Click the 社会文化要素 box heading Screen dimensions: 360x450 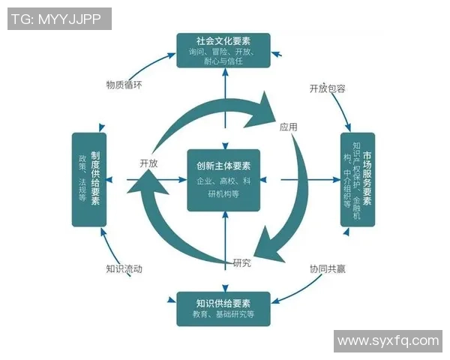[224, 40]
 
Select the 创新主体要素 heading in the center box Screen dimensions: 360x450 [224, 166]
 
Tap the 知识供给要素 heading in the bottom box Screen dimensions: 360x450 [224, 303]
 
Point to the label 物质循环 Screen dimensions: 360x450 [124, 84]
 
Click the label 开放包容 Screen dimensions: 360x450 [328, 88]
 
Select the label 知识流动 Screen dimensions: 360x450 [124, 268]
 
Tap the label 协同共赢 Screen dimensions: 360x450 [328, 268]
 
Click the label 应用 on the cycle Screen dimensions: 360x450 [288, 127]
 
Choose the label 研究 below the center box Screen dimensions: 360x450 [241, 262]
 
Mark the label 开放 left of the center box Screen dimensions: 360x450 [148, 163]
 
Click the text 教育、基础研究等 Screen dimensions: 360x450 [224, 316]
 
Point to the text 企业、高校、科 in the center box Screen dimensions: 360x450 [224, 181]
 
